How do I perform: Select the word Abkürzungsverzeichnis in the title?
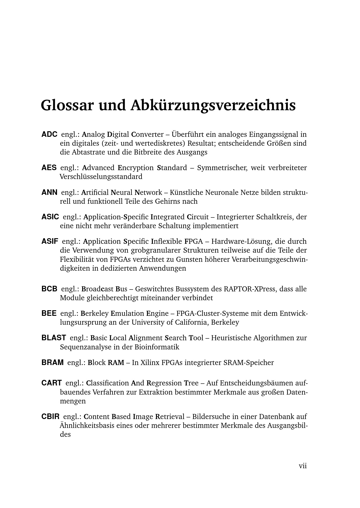213,105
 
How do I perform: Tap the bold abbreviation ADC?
49,134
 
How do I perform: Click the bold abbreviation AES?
49,168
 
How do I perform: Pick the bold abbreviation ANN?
49,192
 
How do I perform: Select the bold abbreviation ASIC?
50,217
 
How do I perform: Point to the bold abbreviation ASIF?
50,241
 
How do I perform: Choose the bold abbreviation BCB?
49,289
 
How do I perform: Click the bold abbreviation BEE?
49,313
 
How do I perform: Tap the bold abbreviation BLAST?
54,338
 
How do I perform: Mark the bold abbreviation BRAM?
52,362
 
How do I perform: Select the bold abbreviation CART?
52,383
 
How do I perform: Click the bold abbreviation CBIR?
50,417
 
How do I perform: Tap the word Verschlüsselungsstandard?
101,177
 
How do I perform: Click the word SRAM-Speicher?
249,363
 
